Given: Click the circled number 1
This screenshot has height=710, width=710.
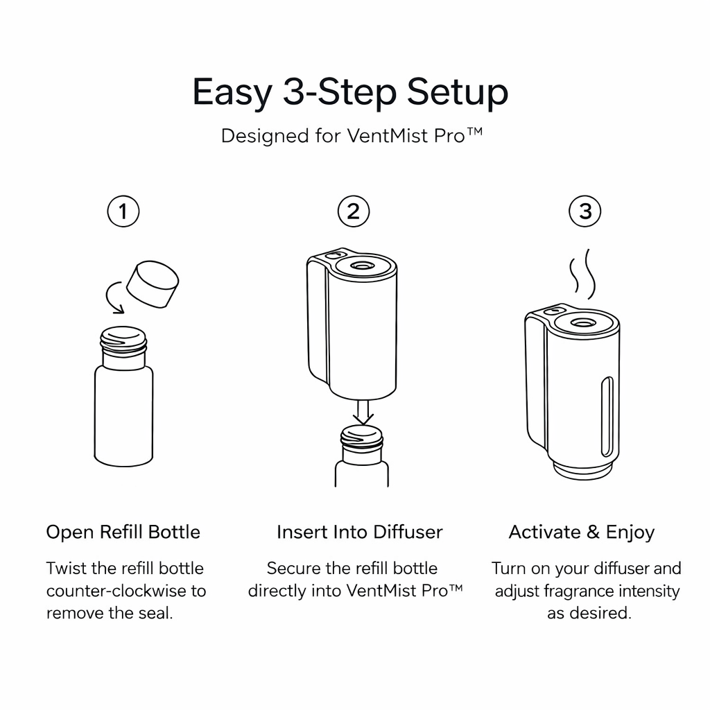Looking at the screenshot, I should [x=123, y=211].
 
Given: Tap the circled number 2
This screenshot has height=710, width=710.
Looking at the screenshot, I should [x=354, y=211].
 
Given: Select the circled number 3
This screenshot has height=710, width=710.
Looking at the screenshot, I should [x=585, y=211].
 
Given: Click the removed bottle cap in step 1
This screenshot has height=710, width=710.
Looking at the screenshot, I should [x=153, y=283].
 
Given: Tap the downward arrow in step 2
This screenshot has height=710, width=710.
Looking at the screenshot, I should [x=362, y=412].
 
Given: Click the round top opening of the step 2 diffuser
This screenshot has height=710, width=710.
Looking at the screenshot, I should [x=364, y=266].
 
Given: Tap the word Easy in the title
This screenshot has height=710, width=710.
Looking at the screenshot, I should [x=232, y=92].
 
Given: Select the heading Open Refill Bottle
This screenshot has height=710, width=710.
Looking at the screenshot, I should [x=123, y=532].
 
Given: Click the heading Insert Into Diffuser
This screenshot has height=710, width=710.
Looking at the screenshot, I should [x=359, y=532].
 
